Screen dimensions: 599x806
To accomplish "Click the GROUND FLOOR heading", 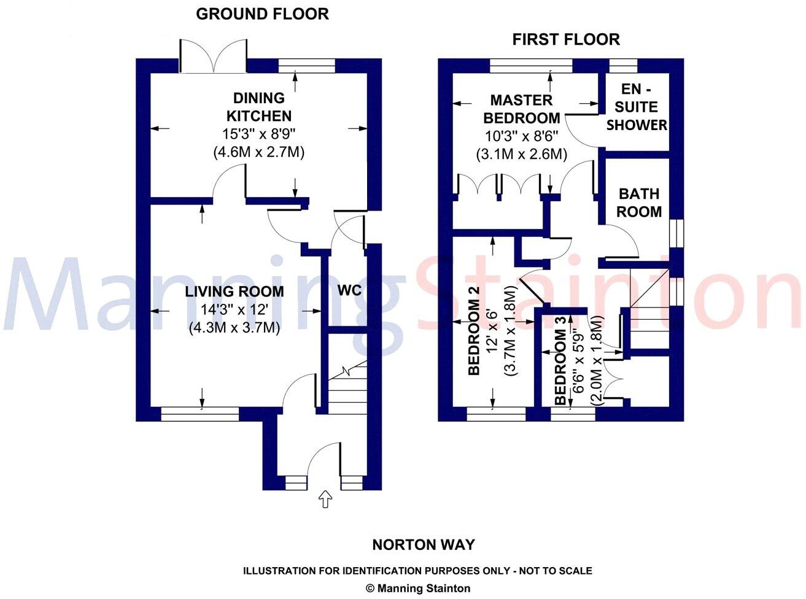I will click(x=262, y=14).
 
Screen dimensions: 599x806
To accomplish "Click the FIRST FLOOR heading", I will click(x=566, y=40).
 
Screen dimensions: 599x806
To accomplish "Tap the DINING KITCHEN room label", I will click(x=259, y=107).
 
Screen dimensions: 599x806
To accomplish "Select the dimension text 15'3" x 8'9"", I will click(x=259, y=134).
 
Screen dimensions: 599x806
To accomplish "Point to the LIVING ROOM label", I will click(x=234, y=292).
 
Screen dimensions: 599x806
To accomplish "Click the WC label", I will click(x=349, y=290).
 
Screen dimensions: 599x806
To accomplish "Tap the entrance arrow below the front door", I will click(x=325, y=499).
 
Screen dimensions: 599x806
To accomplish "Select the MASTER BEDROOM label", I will click(x=521, y=109).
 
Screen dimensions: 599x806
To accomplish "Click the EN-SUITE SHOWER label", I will click(x=637, y=107).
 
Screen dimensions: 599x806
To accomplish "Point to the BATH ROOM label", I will click(x=639, y=203).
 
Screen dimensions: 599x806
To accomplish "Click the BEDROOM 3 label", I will click(x=560, y=367).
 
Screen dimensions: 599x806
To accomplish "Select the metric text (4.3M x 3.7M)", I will click(x=234, y=328).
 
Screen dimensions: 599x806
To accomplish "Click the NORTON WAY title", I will click(x=424, y=544).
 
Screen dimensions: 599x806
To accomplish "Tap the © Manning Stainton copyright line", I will click(x=418, y=588).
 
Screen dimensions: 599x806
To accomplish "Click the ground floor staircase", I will click(x=347, y=387).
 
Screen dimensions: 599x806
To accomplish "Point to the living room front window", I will click(x=200, y=415).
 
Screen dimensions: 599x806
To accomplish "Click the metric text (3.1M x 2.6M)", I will click(x=521, y=153).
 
